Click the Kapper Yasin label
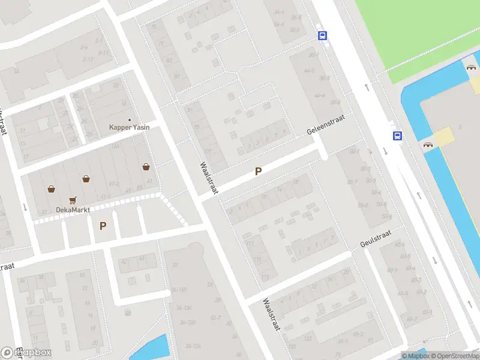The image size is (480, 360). [x=129, y=127]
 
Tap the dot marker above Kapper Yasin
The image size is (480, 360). [x=129, y=120]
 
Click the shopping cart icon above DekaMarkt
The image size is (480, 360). [x=73, y=200]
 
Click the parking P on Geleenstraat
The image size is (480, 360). [x=259, y=171]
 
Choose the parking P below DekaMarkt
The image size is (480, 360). [x=103, y=226]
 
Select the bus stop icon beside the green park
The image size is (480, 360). [x=323, y=35]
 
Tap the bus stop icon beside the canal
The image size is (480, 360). [x=397, y=136]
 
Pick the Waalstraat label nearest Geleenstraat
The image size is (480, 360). [x=209, y=178]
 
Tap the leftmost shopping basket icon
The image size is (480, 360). [x=52, y=189]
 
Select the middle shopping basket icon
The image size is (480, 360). [x=86, y=178]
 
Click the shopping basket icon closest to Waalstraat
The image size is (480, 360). [x=146, y=167]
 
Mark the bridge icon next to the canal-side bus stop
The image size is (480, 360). [x=428, y=145]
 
